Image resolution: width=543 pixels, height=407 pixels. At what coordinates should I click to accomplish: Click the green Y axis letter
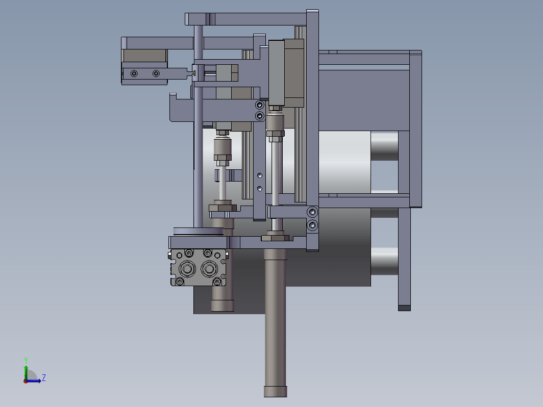click(26, 360)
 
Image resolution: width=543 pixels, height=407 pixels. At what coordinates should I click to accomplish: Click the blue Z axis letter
click(44, 377)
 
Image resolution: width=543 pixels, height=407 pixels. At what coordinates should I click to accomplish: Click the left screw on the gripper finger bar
click(134, 73)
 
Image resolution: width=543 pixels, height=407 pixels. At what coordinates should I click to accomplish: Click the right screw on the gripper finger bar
click(156, 73)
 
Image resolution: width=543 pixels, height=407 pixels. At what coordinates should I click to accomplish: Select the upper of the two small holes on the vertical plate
click(260, 175)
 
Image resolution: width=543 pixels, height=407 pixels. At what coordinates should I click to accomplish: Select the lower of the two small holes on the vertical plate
click(260, 189)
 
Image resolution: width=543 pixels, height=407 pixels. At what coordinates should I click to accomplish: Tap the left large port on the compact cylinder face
click(187, 269)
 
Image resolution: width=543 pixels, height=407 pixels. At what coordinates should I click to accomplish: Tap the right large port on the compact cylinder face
click(209, 269)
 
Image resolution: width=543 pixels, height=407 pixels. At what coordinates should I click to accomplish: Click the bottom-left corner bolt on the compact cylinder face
click(180, 282)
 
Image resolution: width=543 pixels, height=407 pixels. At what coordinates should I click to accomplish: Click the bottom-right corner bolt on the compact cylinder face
click(217, 282)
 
